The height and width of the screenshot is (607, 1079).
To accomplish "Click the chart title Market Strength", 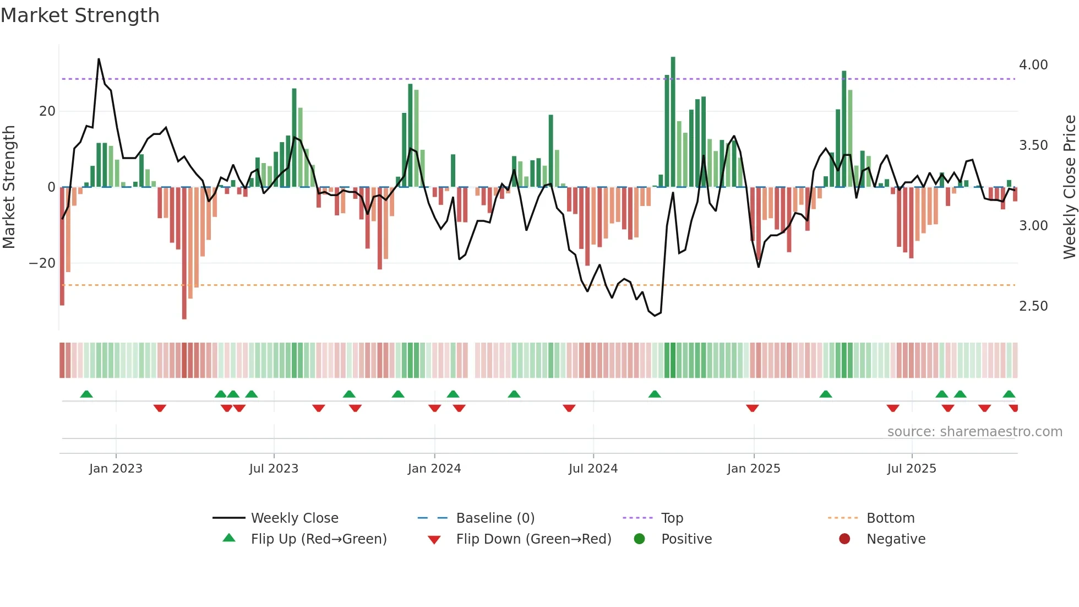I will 80,15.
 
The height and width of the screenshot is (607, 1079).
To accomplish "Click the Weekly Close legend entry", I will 294,518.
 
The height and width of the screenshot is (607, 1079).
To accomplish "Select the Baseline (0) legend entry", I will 495,518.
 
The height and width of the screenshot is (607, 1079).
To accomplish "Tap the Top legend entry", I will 672,518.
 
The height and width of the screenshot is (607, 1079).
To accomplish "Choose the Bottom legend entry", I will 890,518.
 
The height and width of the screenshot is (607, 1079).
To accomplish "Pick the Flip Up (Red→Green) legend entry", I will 318,539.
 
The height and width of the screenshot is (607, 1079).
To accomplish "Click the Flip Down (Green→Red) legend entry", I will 533,539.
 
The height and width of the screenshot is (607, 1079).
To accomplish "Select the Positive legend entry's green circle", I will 639,539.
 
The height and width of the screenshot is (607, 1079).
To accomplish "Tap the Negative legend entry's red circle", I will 844,539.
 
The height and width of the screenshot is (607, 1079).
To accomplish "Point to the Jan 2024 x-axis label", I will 434,468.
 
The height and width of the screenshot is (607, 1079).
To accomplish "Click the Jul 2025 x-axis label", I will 912,468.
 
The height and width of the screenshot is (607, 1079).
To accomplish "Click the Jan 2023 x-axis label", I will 116,468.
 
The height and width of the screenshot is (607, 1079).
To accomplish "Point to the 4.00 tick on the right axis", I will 1033,65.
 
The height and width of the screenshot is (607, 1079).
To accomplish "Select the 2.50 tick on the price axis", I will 1033,306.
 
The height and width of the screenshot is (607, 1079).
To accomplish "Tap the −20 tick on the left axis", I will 42,263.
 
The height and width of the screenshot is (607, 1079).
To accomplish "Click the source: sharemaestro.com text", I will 974,432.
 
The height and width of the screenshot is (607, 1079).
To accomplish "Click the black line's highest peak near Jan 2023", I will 99,59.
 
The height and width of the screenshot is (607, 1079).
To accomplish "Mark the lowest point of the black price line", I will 655,316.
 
